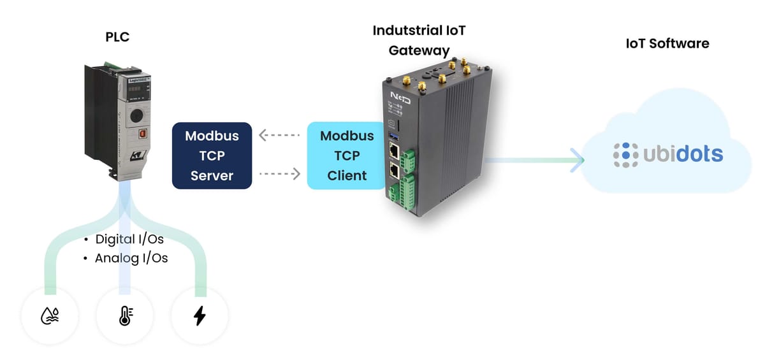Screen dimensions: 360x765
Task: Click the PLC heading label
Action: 117,37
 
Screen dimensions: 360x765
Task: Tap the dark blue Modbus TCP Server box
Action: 212,155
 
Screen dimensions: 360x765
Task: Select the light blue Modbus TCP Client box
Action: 347,155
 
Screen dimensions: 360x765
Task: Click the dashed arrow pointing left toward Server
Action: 279,136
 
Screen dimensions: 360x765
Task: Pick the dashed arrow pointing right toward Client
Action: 279,173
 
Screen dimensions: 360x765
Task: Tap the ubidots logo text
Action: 682,154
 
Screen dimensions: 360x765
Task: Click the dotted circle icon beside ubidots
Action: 625,154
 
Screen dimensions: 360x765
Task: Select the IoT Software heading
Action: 667,43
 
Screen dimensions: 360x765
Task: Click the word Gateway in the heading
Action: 419,51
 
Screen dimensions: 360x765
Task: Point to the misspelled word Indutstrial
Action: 402,31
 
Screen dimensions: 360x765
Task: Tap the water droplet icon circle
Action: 50,316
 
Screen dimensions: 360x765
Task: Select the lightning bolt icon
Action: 200,316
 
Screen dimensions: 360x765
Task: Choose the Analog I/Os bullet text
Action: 131,259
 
